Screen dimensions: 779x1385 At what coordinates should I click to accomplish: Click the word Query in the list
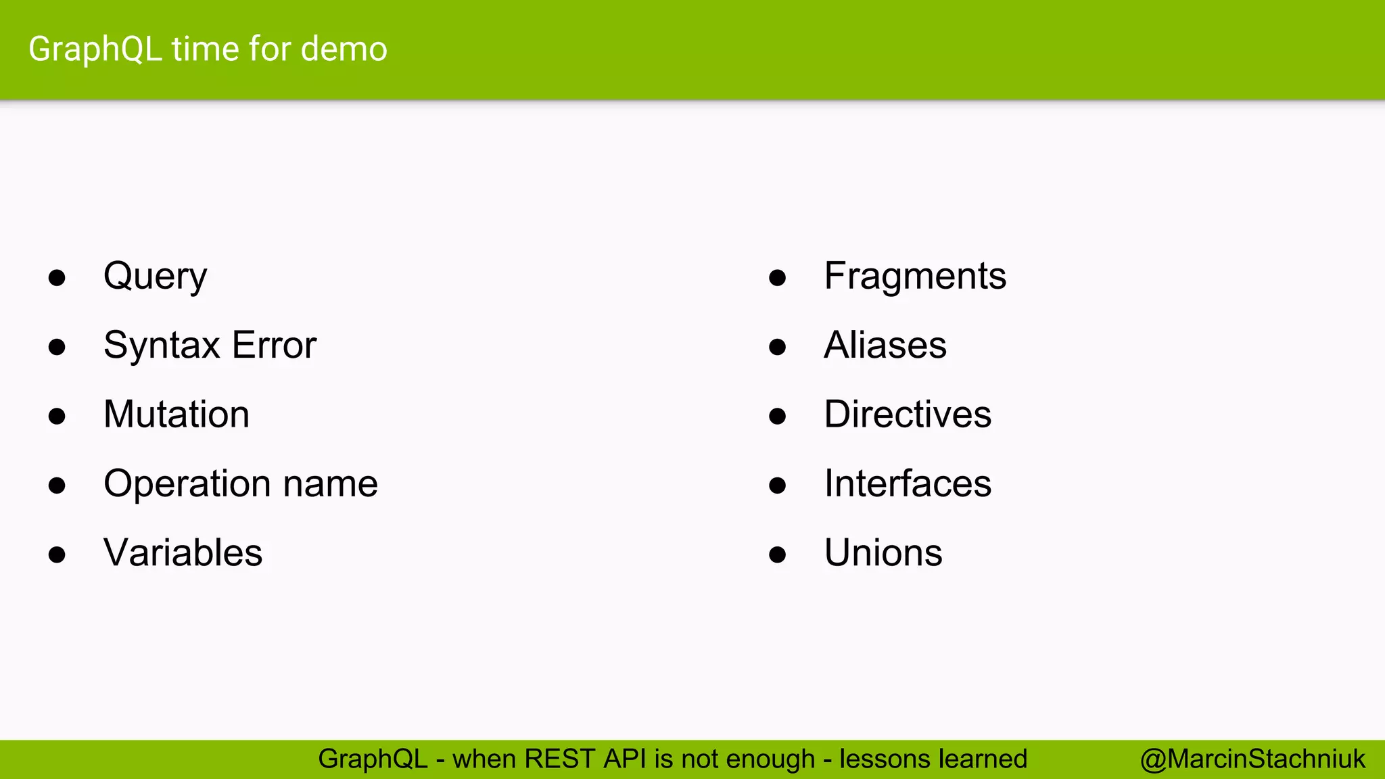[155, 277]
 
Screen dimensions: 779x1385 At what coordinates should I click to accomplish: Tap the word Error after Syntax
[274, 346]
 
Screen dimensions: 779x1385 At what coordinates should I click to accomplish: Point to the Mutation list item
[177, 415]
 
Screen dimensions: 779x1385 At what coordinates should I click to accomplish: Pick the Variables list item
[183, 553]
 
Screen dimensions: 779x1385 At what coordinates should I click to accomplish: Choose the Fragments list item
[915, 277]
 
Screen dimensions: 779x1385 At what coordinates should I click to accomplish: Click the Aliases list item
[885, 346]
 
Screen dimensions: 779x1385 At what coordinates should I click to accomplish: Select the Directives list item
[908, 415]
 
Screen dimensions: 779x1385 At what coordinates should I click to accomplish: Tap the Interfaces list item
[908, 484]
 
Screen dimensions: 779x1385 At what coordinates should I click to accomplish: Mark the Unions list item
[883, 553]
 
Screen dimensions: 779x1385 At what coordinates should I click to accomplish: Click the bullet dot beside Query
[57, 278]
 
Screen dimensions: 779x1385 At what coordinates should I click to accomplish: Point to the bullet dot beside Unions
[778, 555]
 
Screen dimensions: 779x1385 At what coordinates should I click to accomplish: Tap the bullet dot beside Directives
[778, 417]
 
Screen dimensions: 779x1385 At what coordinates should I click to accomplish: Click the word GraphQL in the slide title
[95, 50]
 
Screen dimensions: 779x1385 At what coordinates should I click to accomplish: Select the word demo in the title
[344, 49]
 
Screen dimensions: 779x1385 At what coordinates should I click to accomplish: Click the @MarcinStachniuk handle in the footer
[1252, 759]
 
